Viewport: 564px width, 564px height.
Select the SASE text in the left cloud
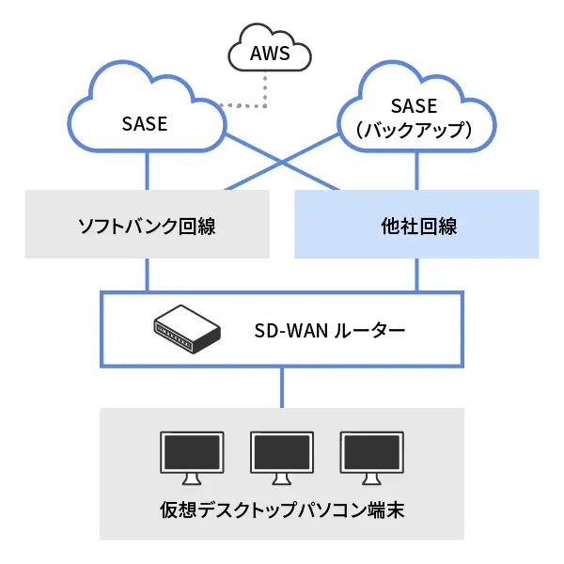click(x=145, y=123)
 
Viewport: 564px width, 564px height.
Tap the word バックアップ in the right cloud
click(x=415, y=131)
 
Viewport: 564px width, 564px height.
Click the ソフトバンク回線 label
click(x=146, y=226)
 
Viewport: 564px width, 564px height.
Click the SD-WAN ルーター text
click(x=330, y=331)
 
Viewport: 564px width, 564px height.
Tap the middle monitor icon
click(x=281, y=455)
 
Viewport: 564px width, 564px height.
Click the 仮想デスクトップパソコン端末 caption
click(x=281, y=513)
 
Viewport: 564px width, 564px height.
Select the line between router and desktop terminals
click(x=281, y=387)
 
